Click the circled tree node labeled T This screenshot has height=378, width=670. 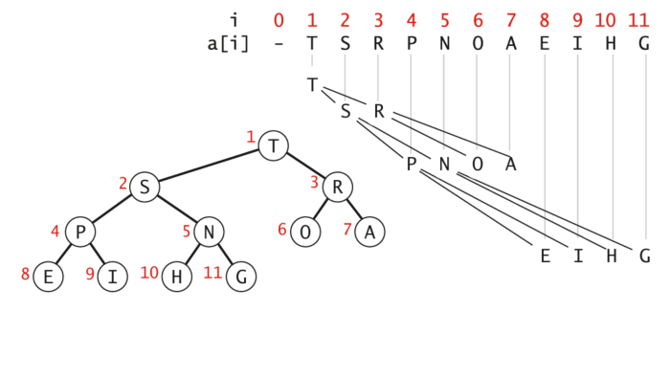point(275,146)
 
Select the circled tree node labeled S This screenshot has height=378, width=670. point(145,187)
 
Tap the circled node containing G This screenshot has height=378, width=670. point(242,278)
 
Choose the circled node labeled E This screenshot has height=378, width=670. point(48,278)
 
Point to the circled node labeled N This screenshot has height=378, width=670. point(210,232)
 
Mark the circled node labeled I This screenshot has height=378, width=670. point(113,278)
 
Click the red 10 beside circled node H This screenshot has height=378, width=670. point(149,273)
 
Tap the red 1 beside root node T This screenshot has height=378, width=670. point(251,139)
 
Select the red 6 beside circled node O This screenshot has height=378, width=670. point(282,229)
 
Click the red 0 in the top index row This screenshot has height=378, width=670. point(279,19)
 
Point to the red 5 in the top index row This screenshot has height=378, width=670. point(444,19)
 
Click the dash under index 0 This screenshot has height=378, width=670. point(279,44)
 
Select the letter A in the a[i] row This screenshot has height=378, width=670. point(510,44)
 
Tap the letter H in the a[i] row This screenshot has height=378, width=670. point(611,44)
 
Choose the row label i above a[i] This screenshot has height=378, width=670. point(234,19)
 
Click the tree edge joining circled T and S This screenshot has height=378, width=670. point(210,167)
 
